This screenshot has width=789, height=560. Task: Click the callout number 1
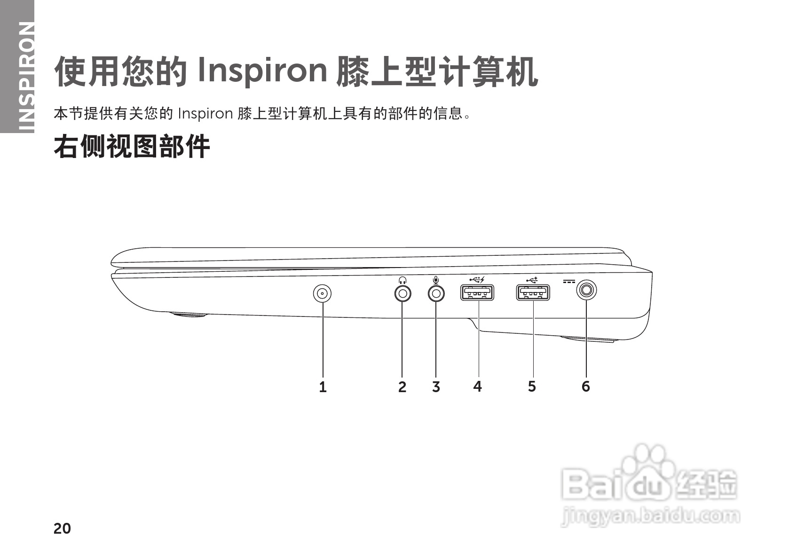click(323, 387)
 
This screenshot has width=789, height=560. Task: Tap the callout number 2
click(402, 387)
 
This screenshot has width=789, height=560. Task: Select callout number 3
click(436, 387)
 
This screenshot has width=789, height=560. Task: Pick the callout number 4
click(478, 386)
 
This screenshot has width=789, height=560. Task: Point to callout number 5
click(532, 386)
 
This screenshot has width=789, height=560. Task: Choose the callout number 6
click(585, 386)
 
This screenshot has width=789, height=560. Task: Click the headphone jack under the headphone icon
click(402, 293)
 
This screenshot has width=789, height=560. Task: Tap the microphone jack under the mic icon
click(436, 293)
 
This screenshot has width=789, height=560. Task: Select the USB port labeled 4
click(477, 293)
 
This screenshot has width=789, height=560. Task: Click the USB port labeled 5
click(533, 293)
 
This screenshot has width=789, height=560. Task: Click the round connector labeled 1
click(322, 293)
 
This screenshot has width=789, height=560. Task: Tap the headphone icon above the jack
click(402, 280)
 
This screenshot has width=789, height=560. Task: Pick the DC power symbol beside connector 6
click(568, 282)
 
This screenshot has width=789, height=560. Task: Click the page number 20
click(62, 528)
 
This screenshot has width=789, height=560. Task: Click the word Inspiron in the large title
click(262, 71)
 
